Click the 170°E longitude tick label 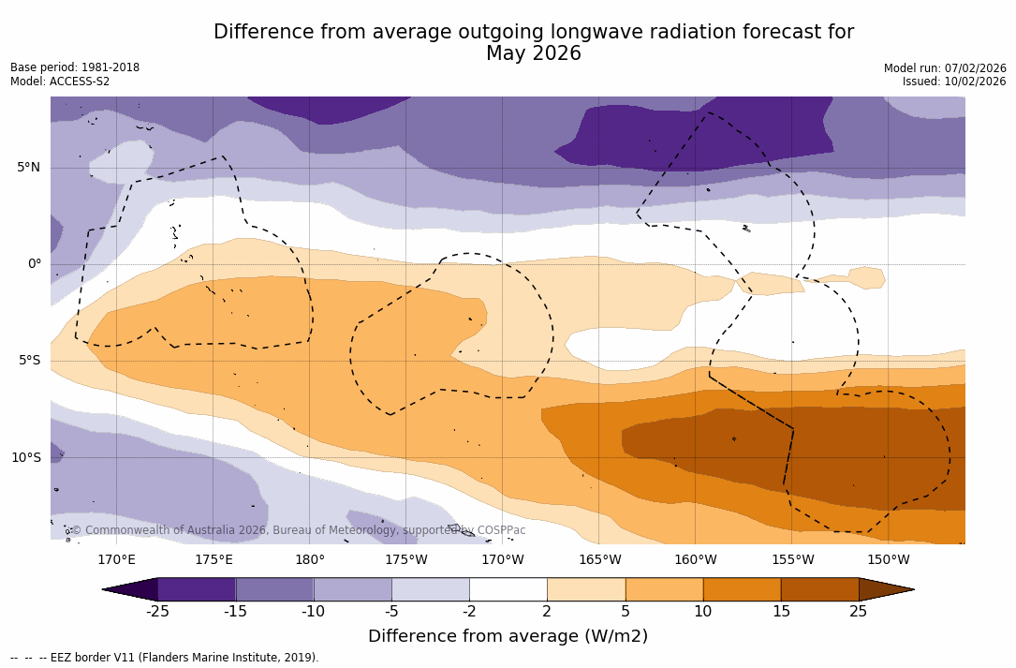tap(116, 560)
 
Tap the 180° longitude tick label tap(309, 560)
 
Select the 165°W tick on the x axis tap(599, 560)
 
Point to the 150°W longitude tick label tap(888, 560)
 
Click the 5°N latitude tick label tap(28, 168)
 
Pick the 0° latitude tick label tap(34, 264)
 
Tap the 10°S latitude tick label tap(25, 458)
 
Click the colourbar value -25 tap(157, 612)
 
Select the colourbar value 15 tap(780, 612)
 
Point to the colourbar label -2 tap(469, 612)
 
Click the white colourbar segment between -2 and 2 tap(508, 589)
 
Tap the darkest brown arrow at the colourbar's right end tap(884, 589)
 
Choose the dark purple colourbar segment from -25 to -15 tap(197, 589)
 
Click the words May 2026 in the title tap(534, 54)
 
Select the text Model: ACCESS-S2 tap(60, 82)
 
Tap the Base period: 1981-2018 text tap(75, 67)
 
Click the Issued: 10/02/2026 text tap(954, 82)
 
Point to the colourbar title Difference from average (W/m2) tap(508, 636)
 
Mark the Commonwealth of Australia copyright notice tap(298, 530)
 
